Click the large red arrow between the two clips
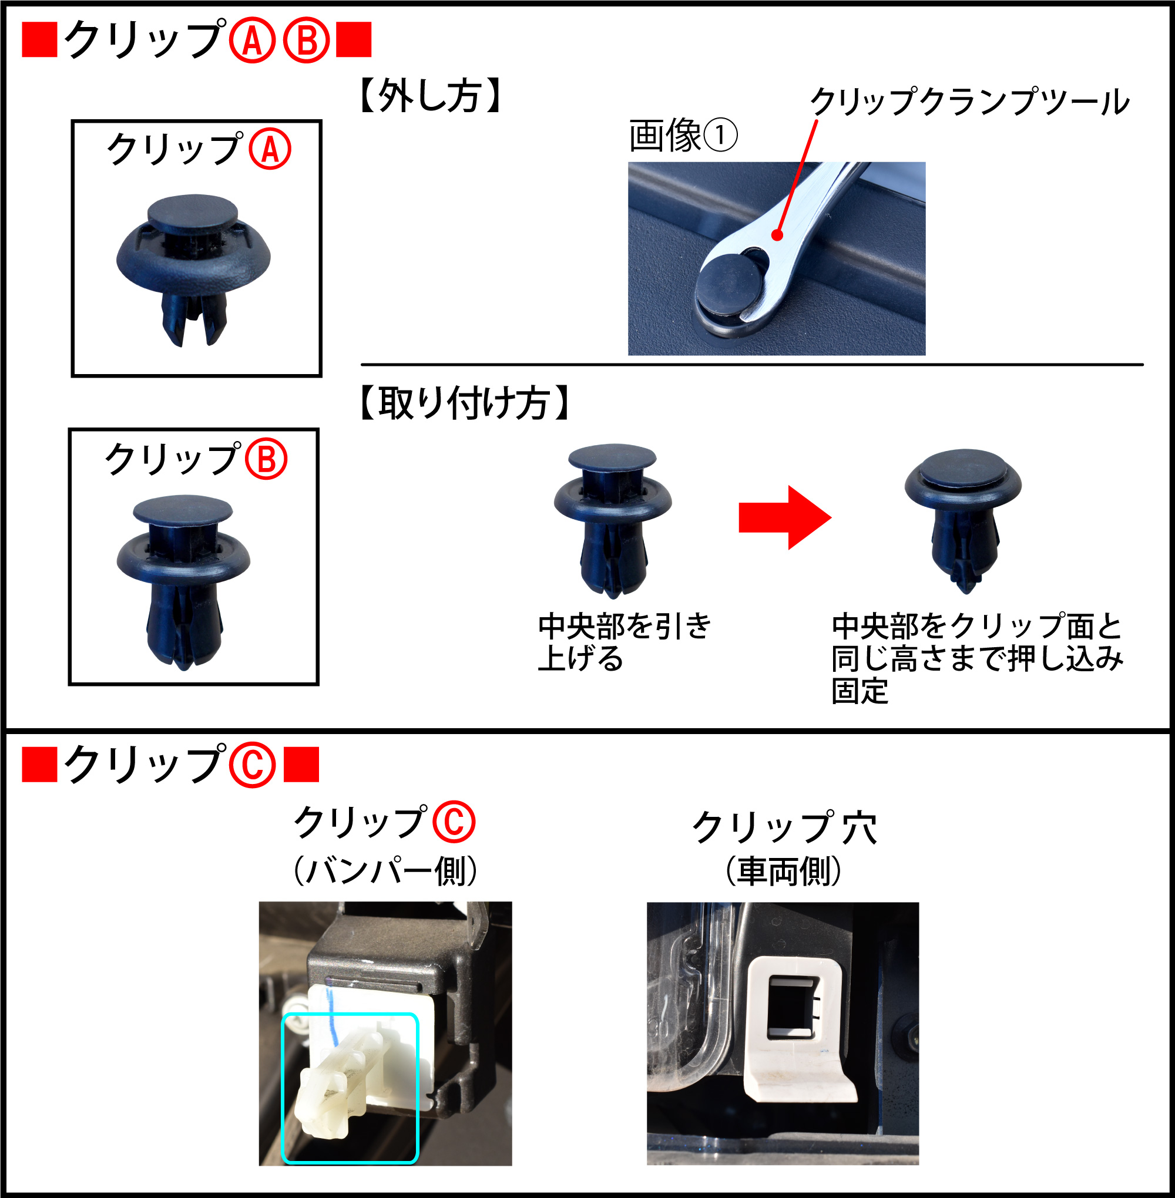coord(785,517)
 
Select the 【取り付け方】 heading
coord(464,403)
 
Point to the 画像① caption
coord(683,136)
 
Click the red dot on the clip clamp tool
coord(778,235)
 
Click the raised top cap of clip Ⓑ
coord(183,509)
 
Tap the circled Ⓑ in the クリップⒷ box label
coord(266,459)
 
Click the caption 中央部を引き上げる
coord(625,641)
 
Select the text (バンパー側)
coord(385,871)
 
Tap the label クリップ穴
coord(784,827)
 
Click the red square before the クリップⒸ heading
coord(39,765)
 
